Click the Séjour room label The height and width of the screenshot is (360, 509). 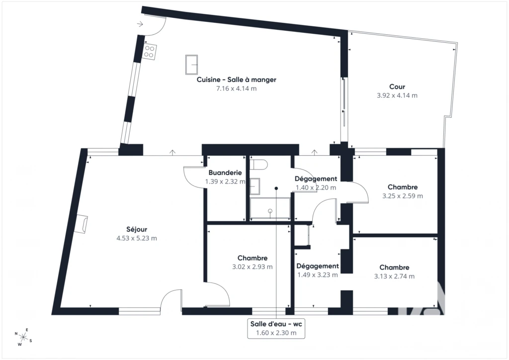click(x=137, y=229)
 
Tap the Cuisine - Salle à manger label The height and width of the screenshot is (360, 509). click(x=236, y=80)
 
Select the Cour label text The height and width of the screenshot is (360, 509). click(x=397, y=87)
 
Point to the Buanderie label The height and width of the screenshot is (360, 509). click(x=225, y=173)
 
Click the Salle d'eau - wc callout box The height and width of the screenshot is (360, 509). click(x=276, y=328)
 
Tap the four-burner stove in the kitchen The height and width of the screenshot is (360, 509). click(x=149, y=52)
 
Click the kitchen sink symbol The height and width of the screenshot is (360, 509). click(x=191, y=65)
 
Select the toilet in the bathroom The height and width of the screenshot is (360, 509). click(x=259, y=164)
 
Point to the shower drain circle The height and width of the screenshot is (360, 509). click(x=270, y=211)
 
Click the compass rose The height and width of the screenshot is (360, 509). click(x=23, y=337)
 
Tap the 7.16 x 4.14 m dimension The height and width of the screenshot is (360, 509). click(x=236, y=89)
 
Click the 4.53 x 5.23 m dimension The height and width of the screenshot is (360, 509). click(x=137, y=238)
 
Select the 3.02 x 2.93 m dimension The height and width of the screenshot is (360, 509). click(x=252, y=267)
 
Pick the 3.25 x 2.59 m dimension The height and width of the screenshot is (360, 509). click(x=403, y=196)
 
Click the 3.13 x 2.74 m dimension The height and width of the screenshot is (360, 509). click(x=394, y=276)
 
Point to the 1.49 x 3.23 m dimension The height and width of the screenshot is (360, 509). click(x=318, y=275)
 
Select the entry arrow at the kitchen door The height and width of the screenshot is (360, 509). click(x=140, y=24)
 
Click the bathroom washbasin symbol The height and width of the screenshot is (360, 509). click(x=255, y=186)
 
